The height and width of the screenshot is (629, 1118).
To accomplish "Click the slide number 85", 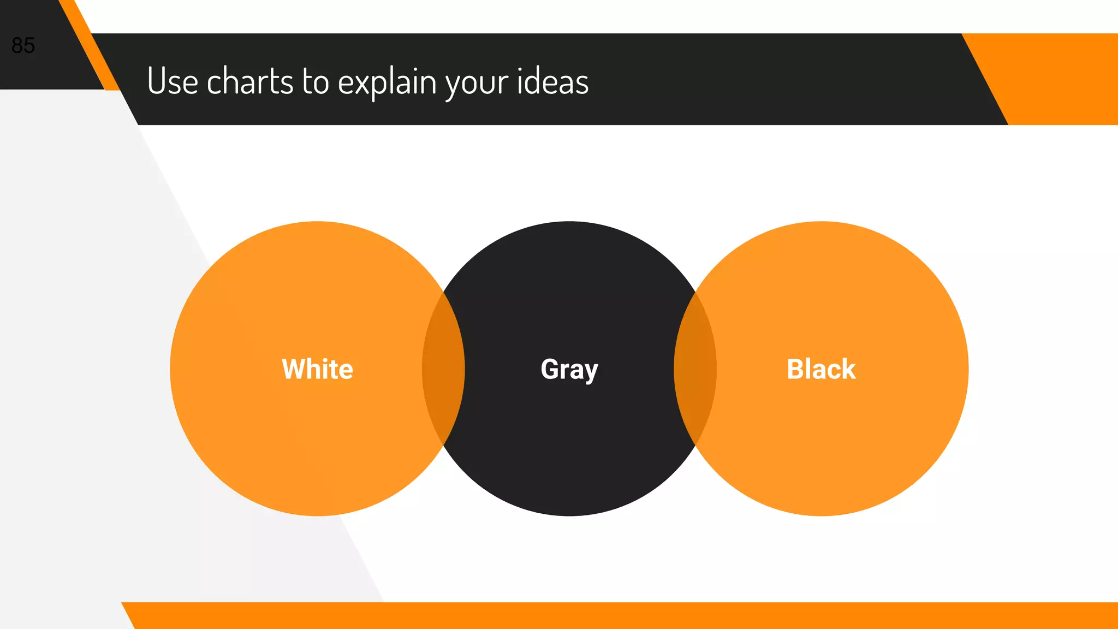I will tap(23, 45).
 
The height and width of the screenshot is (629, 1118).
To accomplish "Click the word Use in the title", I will tap(173, 81).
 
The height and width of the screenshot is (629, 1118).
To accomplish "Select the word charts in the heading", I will tap(250, 81).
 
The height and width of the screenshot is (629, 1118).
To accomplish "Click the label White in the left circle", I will tap(317, 369).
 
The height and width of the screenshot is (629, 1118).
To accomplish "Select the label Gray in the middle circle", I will tap(569, 370).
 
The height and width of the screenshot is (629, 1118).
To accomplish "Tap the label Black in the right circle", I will tap(821, 369).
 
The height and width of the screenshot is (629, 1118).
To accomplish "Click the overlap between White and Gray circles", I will tap(443, 369).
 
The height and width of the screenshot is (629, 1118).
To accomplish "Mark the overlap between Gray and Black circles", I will tap(695, 369).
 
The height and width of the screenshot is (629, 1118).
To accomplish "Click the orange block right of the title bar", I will tap(1065, 79).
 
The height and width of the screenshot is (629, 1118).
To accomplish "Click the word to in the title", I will tap(316, 81).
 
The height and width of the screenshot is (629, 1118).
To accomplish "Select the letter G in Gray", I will tap(551, 369).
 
